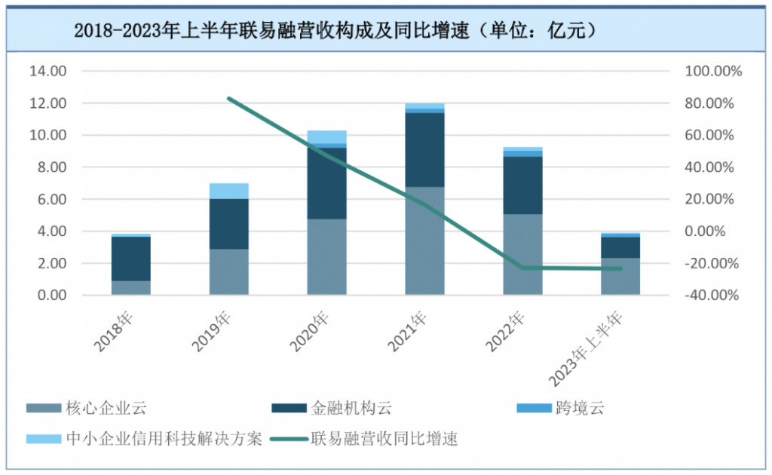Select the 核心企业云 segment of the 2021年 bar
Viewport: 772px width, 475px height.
[x=424, y=241]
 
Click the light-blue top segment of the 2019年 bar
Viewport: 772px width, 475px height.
[x=228, y=191]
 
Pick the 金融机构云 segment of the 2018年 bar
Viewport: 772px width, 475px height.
[x=131, y=259]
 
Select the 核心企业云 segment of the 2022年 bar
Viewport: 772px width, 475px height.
[x=522, y=254]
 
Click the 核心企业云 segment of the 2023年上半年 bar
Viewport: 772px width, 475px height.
[x=620, y=276]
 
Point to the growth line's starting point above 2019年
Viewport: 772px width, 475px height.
[x=228, y=99]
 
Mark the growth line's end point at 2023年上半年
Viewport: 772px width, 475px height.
[x=620, y=268]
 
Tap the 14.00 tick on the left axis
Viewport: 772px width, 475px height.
[x=47, y=71]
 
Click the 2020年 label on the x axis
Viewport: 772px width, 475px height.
[x=310, y=330]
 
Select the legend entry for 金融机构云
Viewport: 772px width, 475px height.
[x=351, y=409]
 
